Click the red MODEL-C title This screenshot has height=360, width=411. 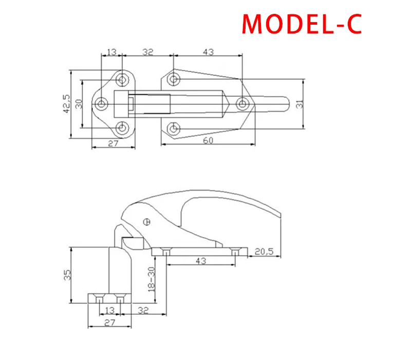tap(302, 24)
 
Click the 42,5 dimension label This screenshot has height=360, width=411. tap(67, 104)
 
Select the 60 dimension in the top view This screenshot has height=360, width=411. tap(208, 140)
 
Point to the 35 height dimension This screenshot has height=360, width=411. tap(67, 275)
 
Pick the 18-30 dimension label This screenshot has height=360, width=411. tap(152, 279)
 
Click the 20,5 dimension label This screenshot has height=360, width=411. tap(264, 251)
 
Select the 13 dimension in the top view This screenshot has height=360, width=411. tap(112, 52)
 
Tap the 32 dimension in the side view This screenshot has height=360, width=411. tap(143, 311)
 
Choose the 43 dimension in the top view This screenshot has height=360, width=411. tap(209, 52)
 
